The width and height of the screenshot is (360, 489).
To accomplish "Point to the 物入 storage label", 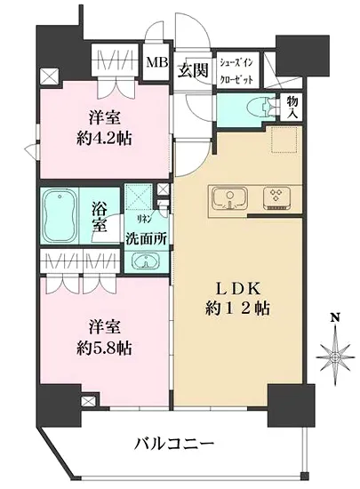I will (291, 107).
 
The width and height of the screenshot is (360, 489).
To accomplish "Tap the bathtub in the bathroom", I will (63, 212).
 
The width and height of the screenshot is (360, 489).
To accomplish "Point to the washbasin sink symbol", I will (143, 261).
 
